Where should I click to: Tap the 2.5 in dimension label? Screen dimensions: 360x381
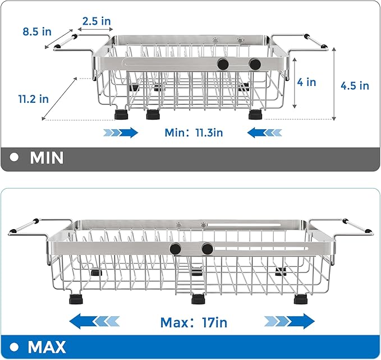tap(97, 21)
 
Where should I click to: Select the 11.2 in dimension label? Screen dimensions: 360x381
tap(33, 98)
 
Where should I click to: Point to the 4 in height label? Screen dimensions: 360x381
tap(307, 82)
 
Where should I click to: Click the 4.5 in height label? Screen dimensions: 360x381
tap(355, 86)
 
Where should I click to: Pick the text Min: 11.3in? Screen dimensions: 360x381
tap(194, 133)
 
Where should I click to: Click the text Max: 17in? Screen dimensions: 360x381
tap(194, 322)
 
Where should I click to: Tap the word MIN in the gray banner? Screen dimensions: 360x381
tap(47, 158)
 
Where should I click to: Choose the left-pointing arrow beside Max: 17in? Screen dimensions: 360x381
tap(95, 322)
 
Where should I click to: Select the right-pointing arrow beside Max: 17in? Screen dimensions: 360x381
tap(289, 322)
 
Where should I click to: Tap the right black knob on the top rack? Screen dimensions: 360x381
tap(255, 65)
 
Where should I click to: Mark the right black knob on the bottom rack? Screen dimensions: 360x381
tap(207, 248)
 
